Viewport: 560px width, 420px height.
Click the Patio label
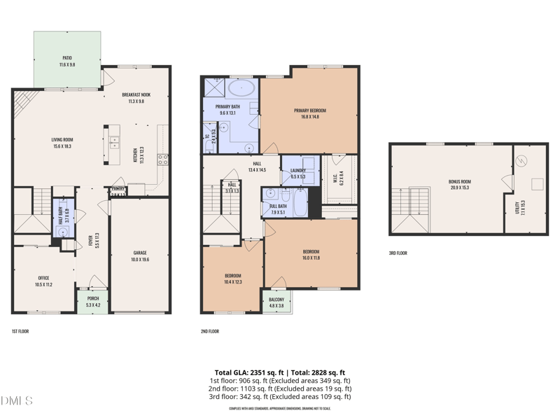tap(67, 58)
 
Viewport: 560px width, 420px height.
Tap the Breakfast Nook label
tap(136, 94)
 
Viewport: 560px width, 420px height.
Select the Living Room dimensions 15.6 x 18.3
tap(63, 146)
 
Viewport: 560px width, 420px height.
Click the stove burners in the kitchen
tap(162, 159)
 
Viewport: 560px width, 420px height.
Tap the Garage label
tap(140, 253)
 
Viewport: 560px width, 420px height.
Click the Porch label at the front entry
tap(93, 299)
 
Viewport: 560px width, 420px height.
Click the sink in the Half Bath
tap(63, 231)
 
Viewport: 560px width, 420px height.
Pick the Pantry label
tap(118, 189)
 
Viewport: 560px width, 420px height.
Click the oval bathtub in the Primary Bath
tap(242, 88)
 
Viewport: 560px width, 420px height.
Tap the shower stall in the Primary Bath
tap(213, 87)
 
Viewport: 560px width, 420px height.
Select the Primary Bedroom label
tap(309, 111)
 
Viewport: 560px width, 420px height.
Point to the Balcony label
tap(276, 300)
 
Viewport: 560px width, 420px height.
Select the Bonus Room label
tap(460, 181)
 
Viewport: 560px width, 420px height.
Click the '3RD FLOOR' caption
tap(398, 253)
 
